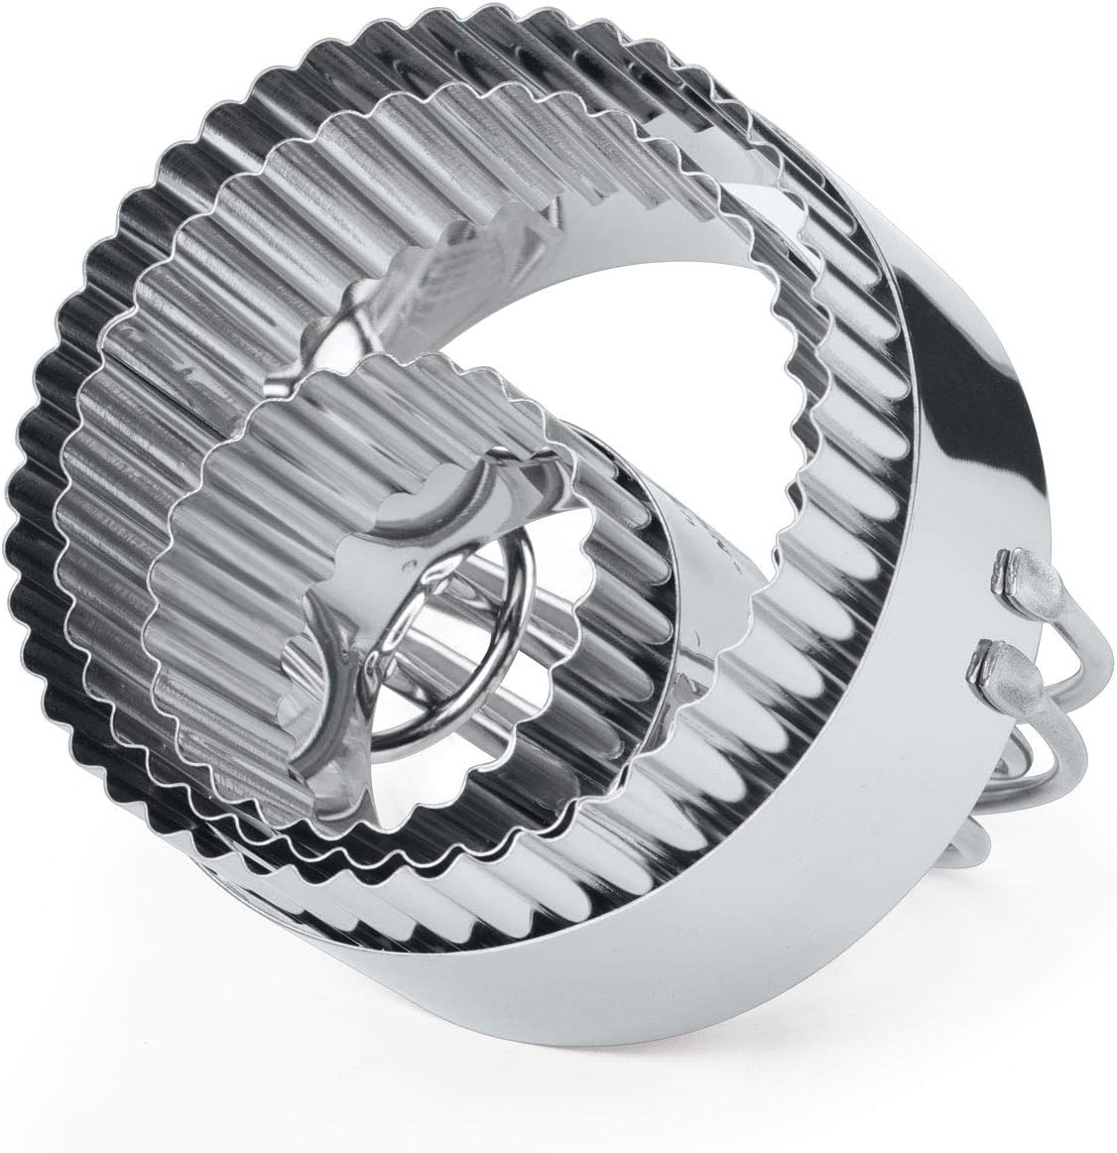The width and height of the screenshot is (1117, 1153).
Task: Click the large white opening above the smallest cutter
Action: (x=635, y=357)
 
